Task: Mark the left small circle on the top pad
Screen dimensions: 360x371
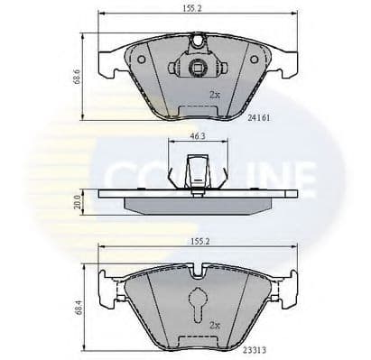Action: click(x=140, y=58)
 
